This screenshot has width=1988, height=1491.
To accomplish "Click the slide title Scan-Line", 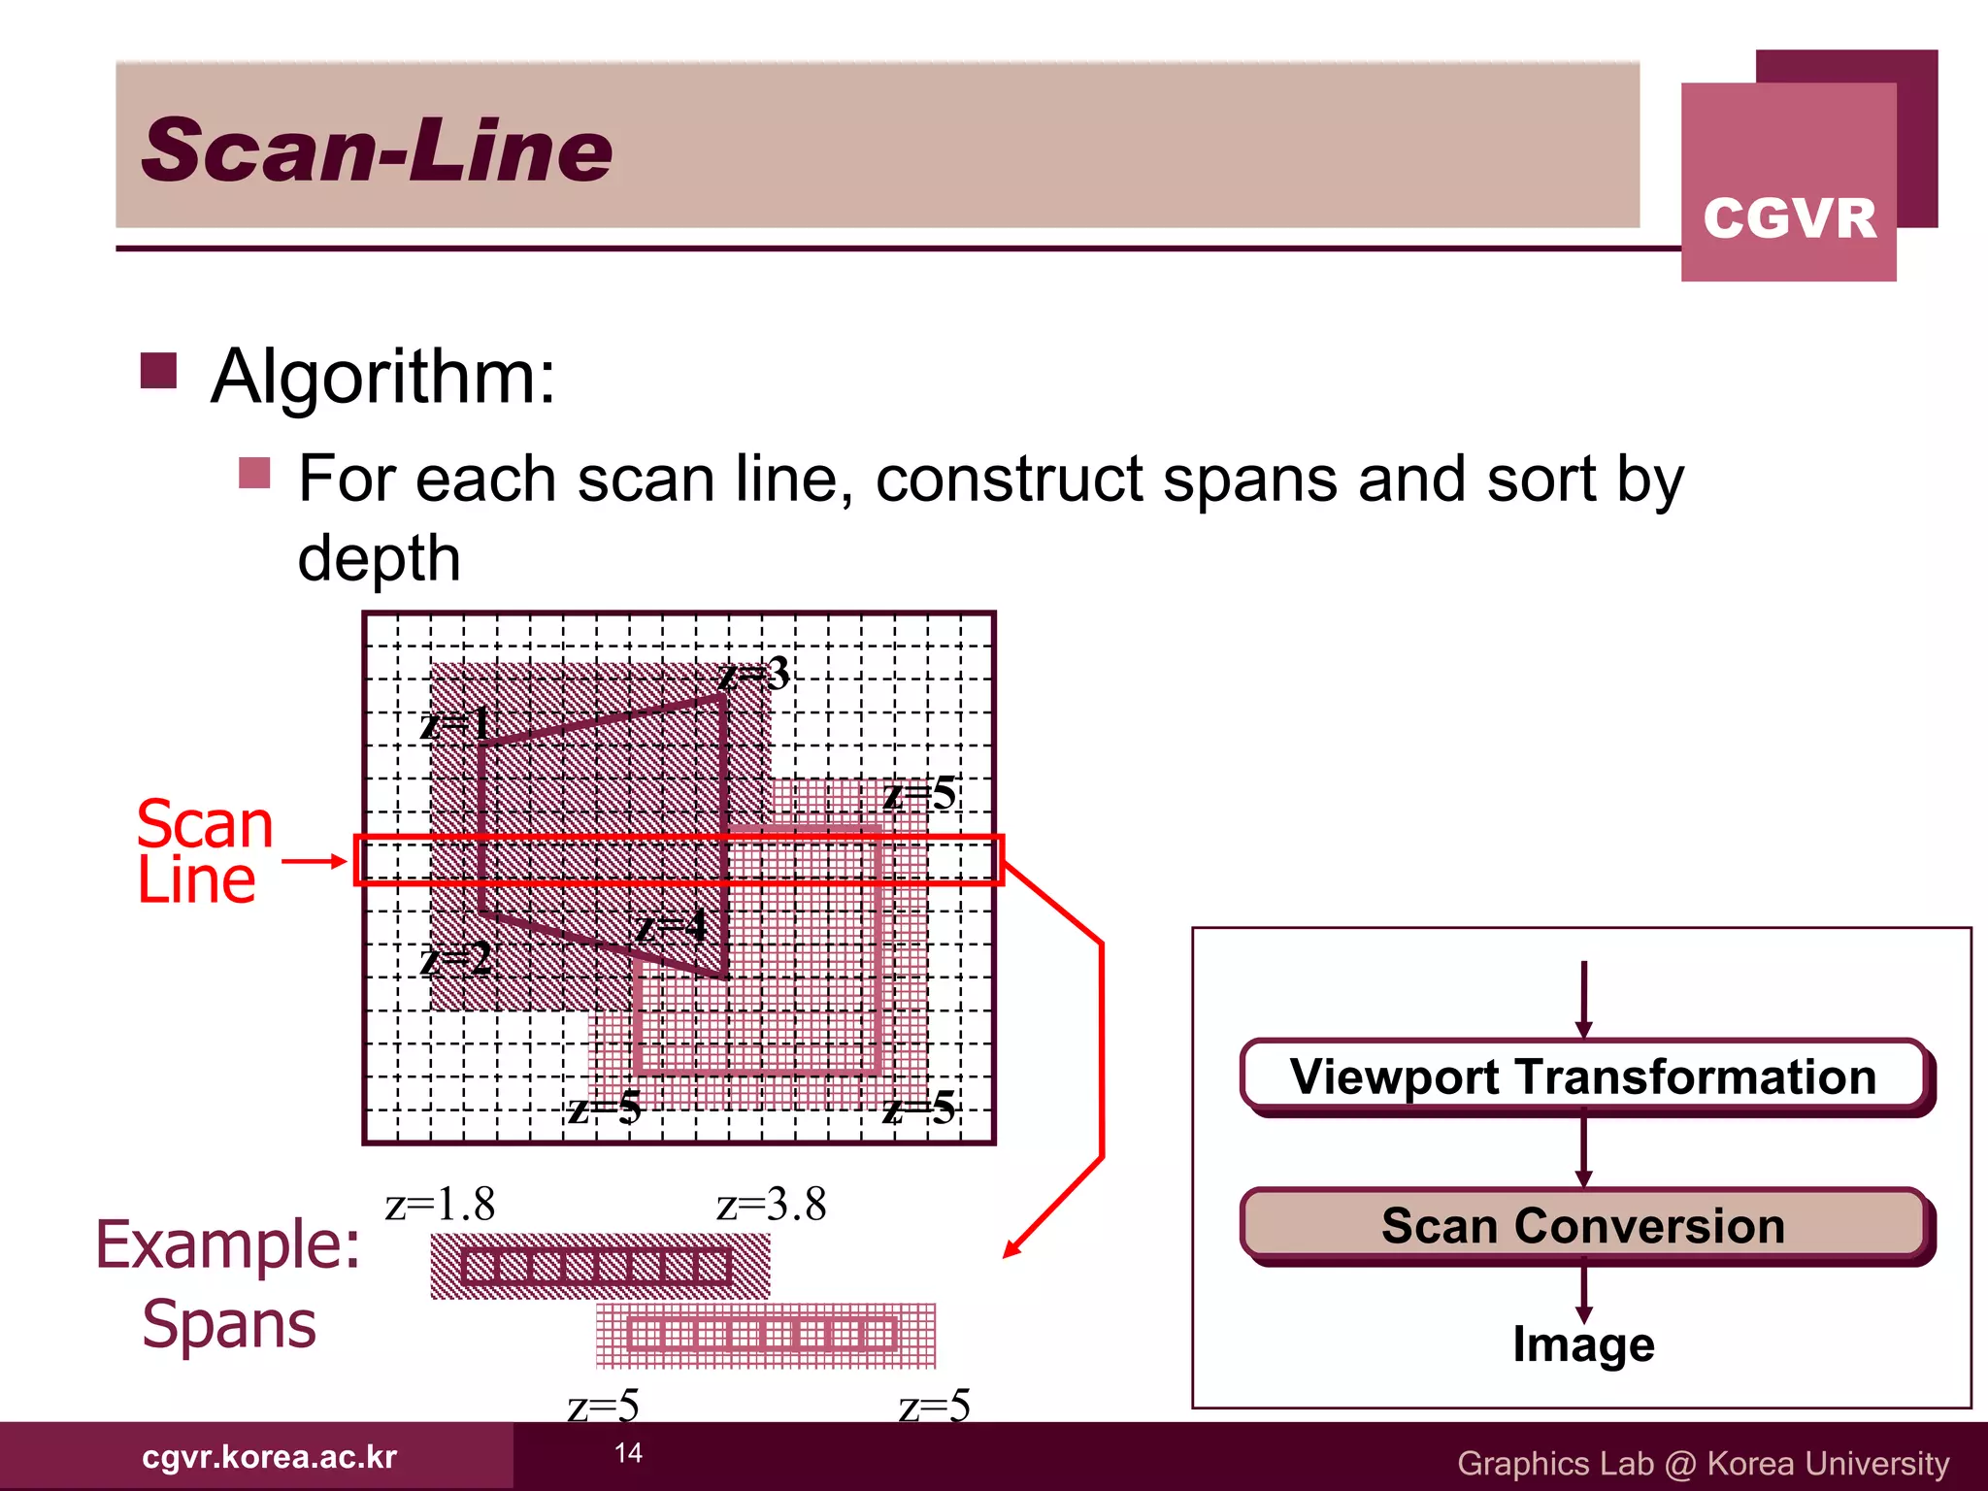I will pos(377,150).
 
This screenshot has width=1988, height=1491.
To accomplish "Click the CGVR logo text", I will pos(1789,217).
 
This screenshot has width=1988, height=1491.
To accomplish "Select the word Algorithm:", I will pos(383,377).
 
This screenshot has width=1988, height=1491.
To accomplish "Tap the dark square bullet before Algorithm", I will pos(158,370).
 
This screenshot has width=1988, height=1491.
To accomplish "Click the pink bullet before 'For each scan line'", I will pos(254,474).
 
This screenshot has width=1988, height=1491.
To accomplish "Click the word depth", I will pos(379,558).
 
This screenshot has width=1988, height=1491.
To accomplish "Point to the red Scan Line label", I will pos(204,851).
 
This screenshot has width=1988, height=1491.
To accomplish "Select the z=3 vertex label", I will pos(754,674).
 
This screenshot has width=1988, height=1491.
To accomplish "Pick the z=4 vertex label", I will pos(672,927).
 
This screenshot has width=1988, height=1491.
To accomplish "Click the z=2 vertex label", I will pos(455,960).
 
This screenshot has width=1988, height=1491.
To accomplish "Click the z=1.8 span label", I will pos(440,1205).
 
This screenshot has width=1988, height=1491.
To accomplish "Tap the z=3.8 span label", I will pos(771,1205).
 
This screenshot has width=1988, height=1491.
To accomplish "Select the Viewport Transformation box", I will pos(1583,1077).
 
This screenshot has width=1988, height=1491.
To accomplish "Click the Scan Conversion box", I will pos(1583,1225).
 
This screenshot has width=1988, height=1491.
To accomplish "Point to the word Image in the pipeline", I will pos(1583,1344).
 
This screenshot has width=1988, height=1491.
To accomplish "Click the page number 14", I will pos(628,1453).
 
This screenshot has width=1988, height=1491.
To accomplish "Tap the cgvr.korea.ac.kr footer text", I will pos(269,1457).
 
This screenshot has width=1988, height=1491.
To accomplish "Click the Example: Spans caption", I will pos(228,1283).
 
